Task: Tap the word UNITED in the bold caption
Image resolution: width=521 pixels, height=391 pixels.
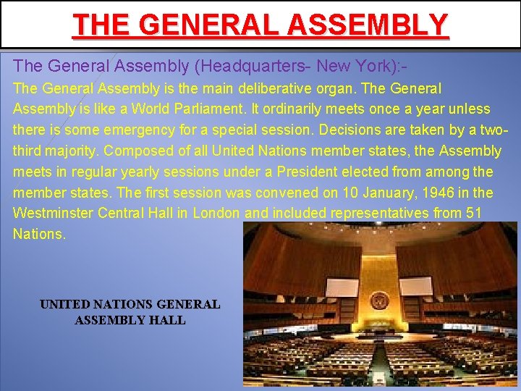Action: point(63,305)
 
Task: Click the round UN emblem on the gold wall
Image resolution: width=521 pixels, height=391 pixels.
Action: point(378,300)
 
